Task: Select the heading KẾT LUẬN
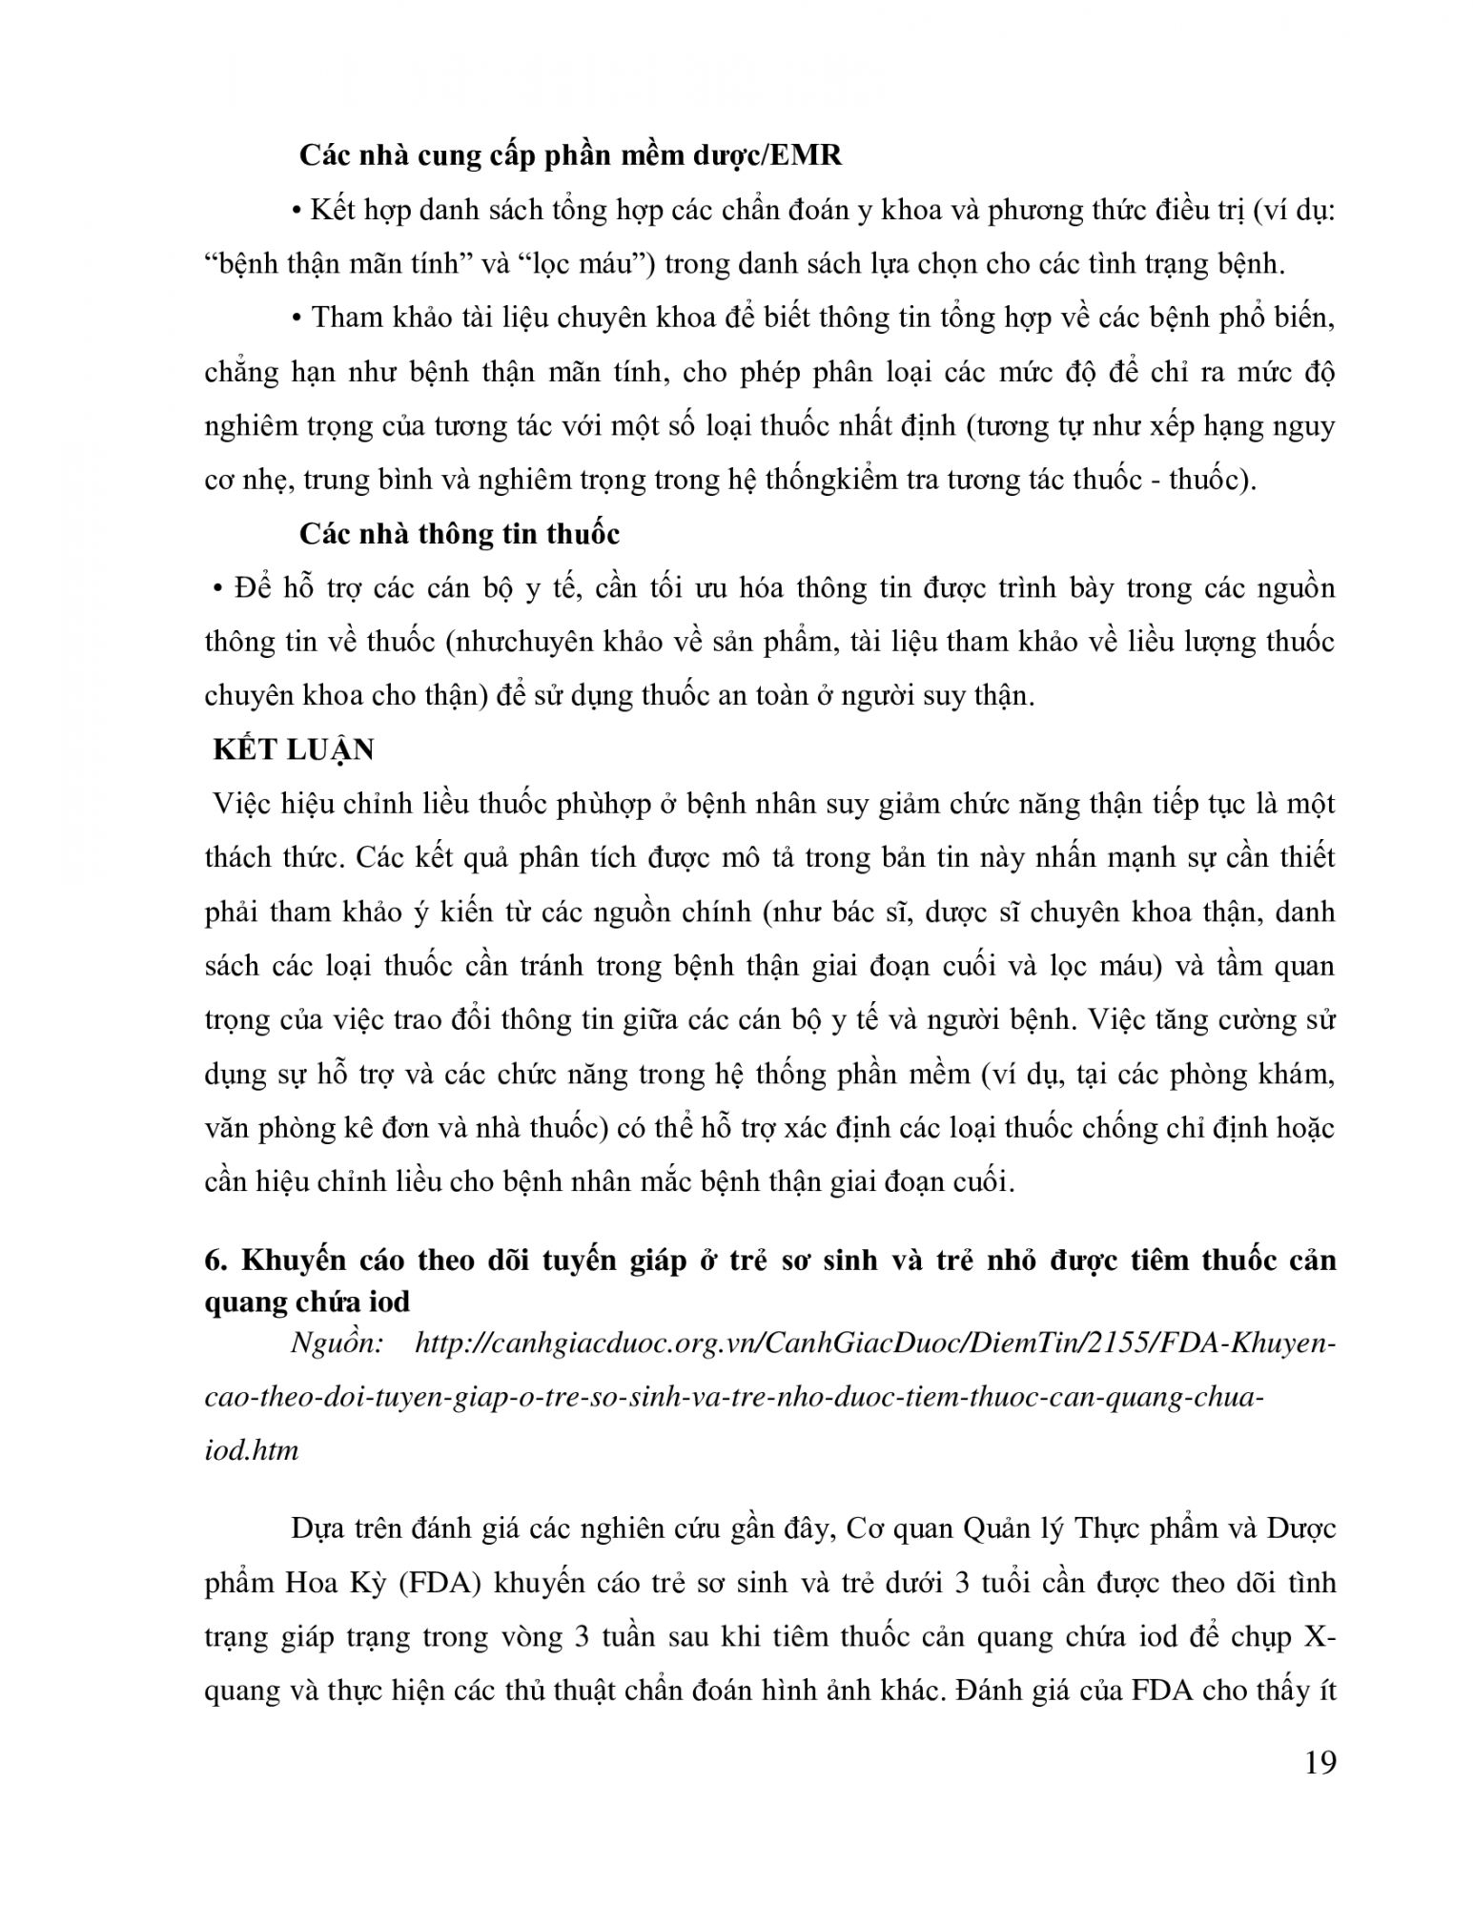coord(294,749)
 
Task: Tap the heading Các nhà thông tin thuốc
coord(459,534)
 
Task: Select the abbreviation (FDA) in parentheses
coord(440,1583)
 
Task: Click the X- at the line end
coord(1320,1637)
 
